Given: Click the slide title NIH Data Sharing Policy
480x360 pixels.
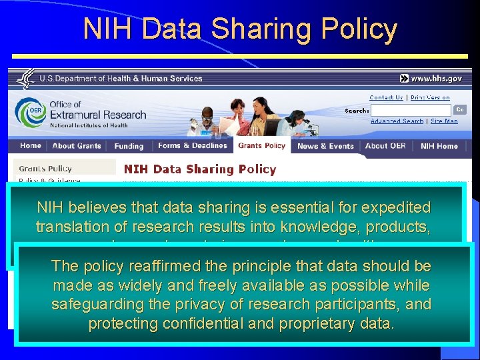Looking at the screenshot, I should tap(240, 29).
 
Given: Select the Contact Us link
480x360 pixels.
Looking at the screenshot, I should tap(386, 97).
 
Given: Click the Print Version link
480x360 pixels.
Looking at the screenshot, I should tap(430, 97).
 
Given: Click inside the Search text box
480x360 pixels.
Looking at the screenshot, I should tap(410, 109).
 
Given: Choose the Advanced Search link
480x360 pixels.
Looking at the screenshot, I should tap(397, 121).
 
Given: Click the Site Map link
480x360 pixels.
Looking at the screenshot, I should tap(444, 121).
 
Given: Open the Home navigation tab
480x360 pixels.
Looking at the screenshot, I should tap(31, 146).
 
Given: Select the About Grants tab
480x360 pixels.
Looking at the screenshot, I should tap(77, 146).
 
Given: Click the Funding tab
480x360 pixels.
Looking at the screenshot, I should tap(129, 146).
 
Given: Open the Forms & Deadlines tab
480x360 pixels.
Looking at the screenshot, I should tap(193, 146).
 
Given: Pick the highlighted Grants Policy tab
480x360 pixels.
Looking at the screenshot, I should tap(262, 146).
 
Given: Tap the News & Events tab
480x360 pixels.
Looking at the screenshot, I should tap(325, 146).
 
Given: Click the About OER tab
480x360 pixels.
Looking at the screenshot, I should tap(385, 146).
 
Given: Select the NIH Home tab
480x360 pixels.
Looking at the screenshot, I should tap(439, 146).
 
